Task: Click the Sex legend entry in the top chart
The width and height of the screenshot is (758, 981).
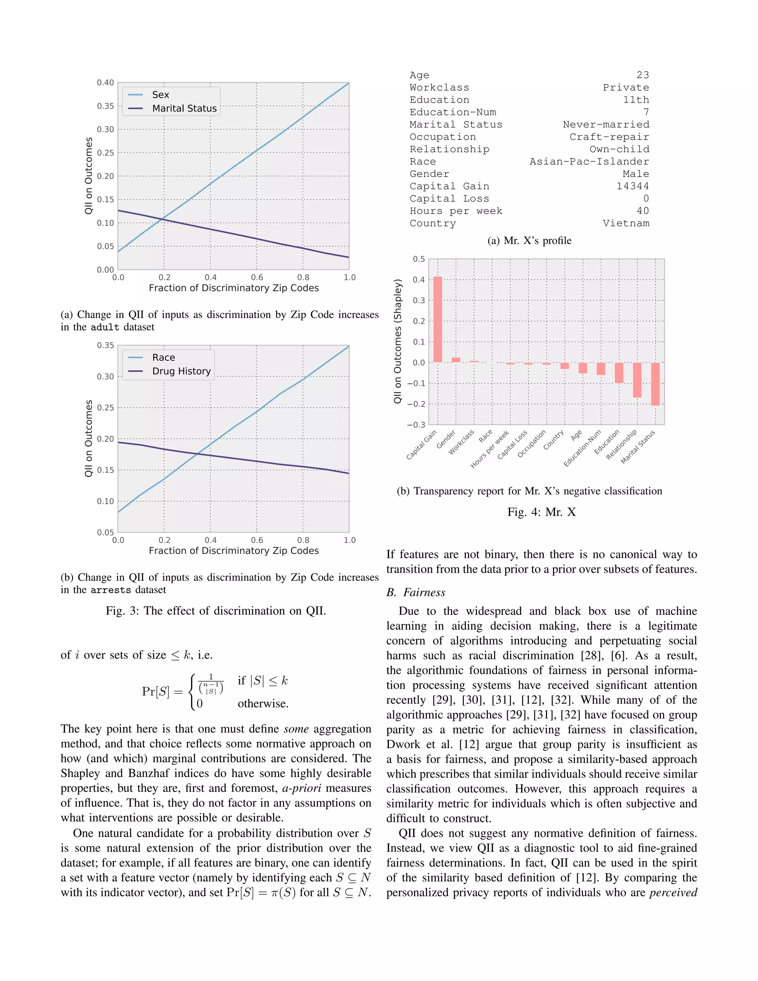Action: pyautogui.click(x=160, y=95)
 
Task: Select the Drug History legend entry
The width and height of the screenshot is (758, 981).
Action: pyautogui.click(x=181, y=371)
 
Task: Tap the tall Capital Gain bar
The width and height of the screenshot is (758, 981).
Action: pyautogui.click(x=437, y=319)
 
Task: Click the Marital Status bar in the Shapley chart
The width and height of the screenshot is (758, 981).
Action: pyautogui.click(x=655, y=384)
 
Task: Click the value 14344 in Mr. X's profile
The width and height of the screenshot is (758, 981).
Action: pyautogui.click(x=632, y=186)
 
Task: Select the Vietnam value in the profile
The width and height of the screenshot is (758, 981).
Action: pyautogui.click(x=625, y=223)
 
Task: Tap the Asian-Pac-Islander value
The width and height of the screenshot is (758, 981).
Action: pyautogui.click(x=589, y=161)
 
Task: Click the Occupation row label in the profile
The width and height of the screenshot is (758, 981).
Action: pyautogui.click(x=442, y=137)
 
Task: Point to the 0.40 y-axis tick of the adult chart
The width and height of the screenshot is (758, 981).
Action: pyautogui.click(x=105, y=83)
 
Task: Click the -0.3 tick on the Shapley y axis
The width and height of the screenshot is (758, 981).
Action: pyautogui.click(x=415, y=425)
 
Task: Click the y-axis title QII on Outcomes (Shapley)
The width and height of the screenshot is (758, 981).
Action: pyautogui.click(x=398, y=341)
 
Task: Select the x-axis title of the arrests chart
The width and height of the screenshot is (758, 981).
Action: pyautogui.click(x=234, y=551)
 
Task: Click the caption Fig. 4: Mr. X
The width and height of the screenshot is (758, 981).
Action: pyautogui.click(x=541, y=512)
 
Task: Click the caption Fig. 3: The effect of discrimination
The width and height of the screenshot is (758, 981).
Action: pyautogui.click(x=215, y=611)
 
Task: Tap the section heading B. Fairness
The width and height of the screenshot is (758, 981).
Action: pyautogui.click(x=415, y=592)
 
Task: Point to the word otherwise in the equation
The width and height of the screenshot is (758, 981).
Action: pyautogui.click(x=263, y=703)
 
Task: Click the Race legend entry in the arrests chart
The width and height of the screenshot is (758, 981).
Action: pyautogui.click(x=164, y=358)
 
